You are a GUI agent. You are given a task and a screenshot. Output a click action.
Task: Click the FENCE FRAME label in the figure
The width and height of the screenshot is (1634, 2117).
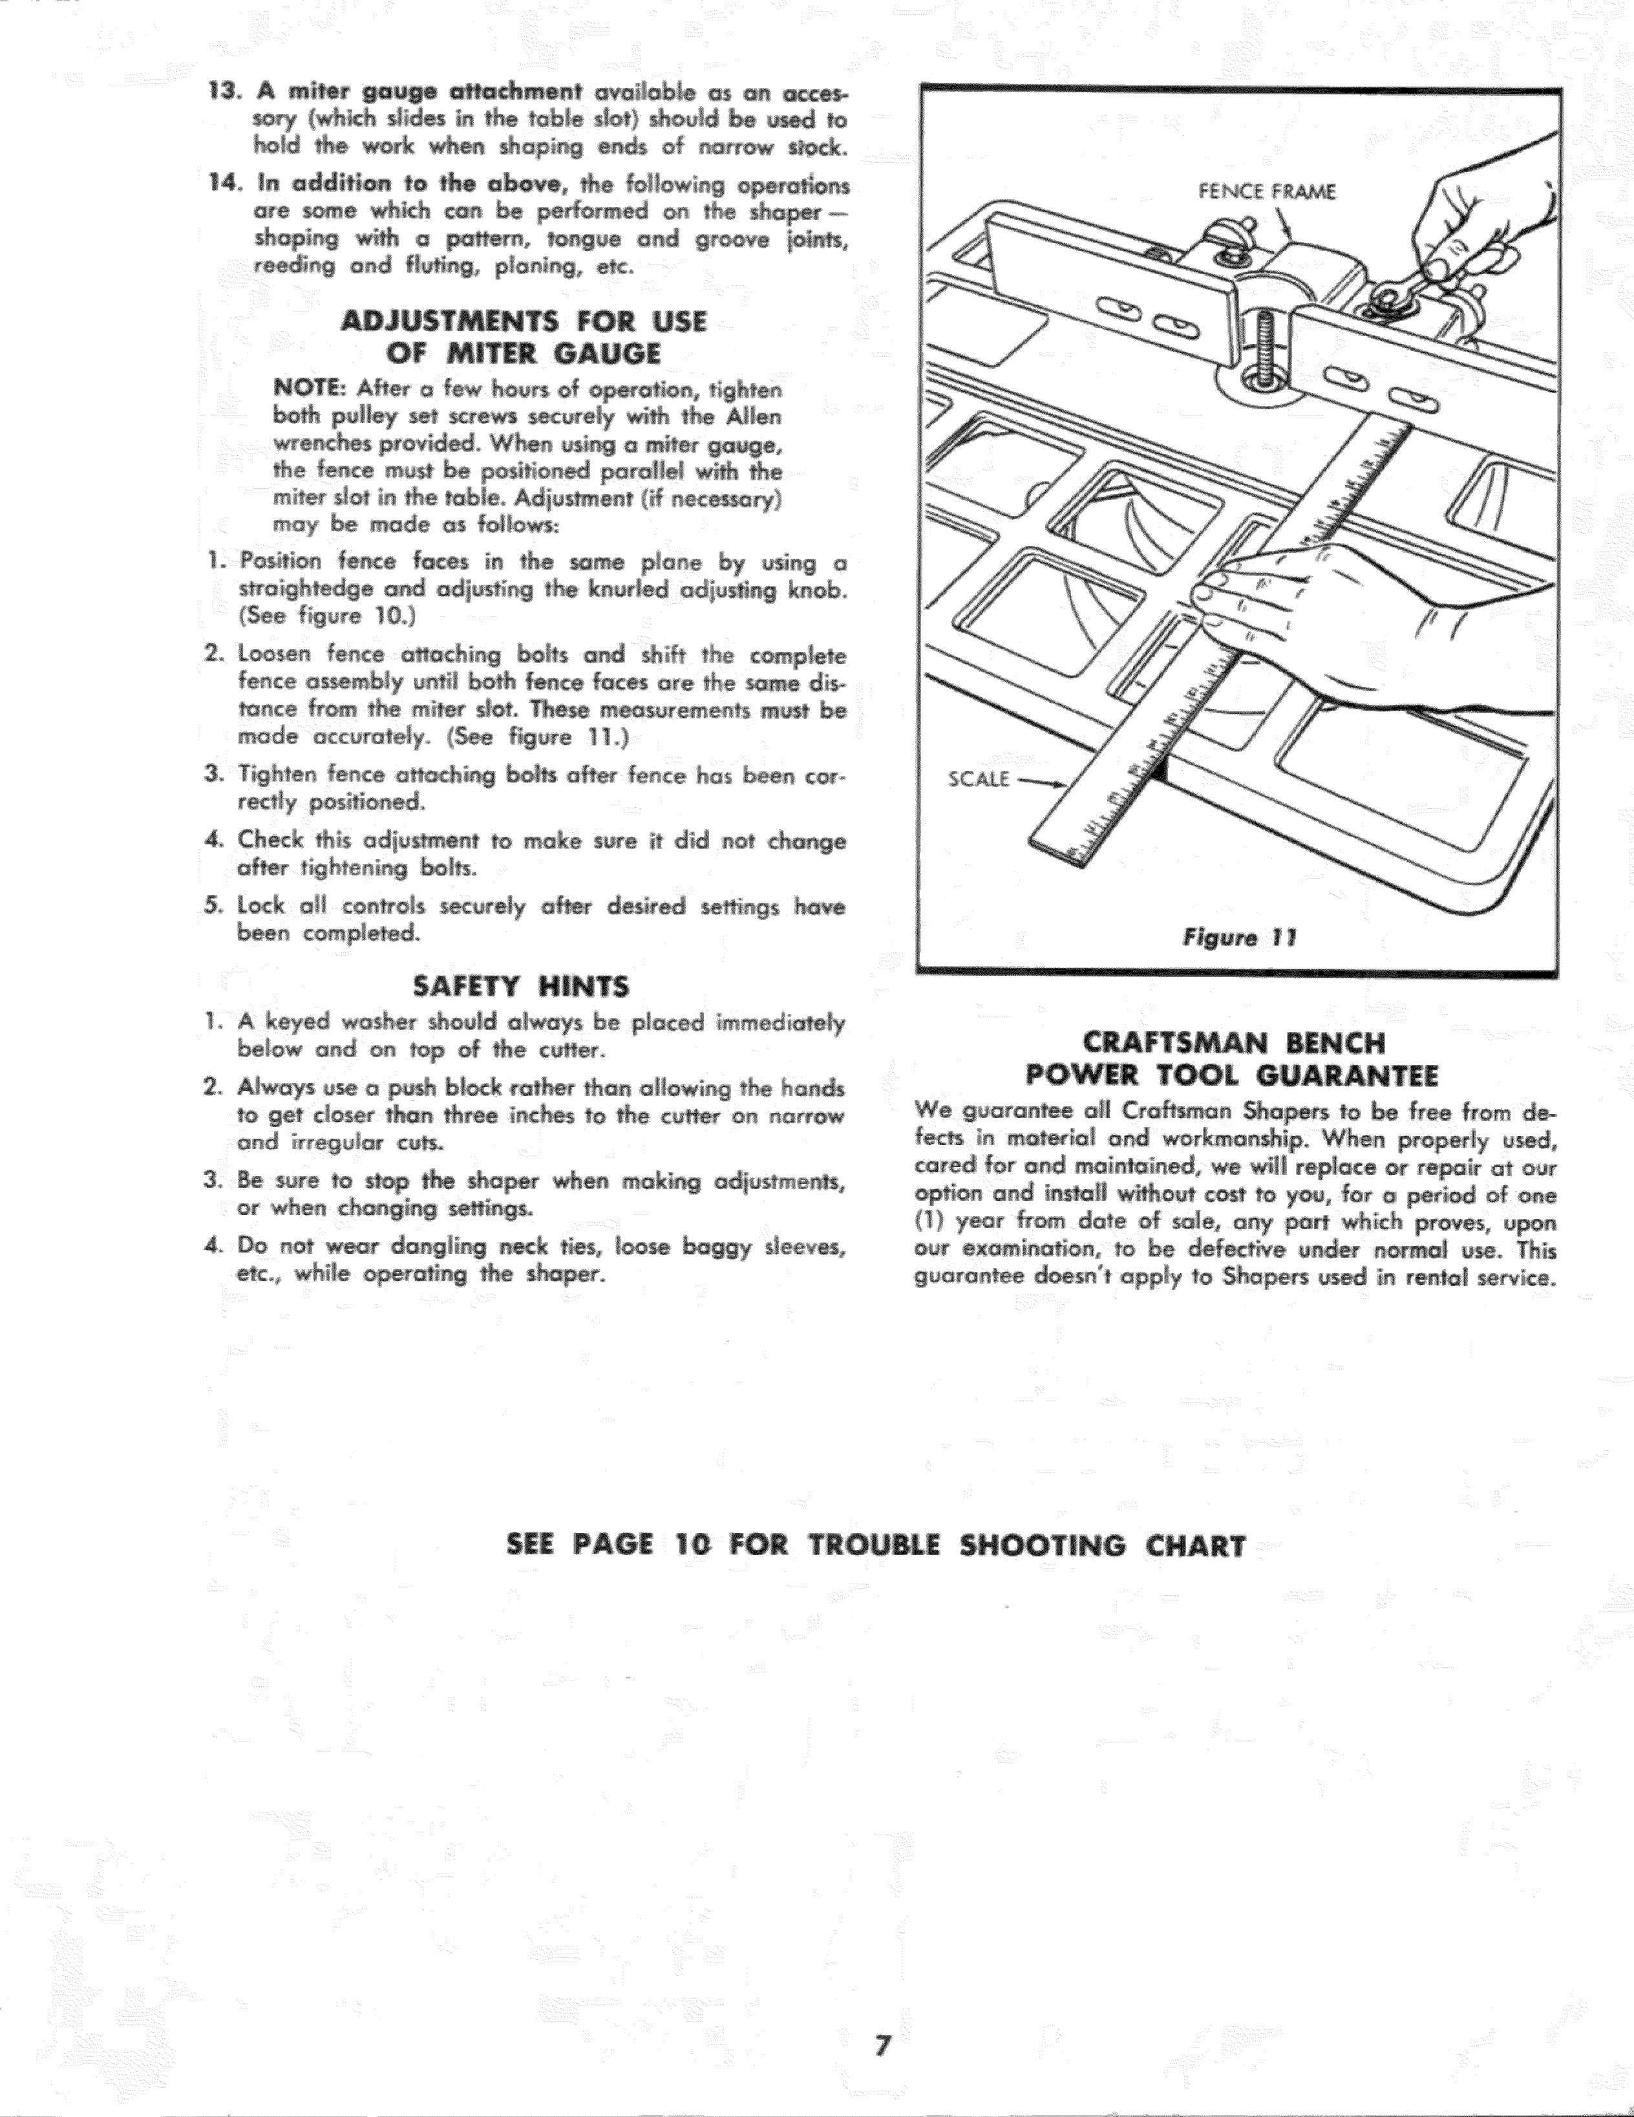pos(1267,192)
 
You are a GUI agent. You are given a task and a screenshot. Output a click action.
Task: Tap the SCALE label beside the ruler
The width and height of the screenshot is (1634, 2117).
pos(979,779)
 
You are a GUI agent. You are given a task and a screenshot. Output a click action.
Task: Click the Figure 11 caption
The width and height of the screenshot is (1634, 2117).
pos(1238,938)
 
